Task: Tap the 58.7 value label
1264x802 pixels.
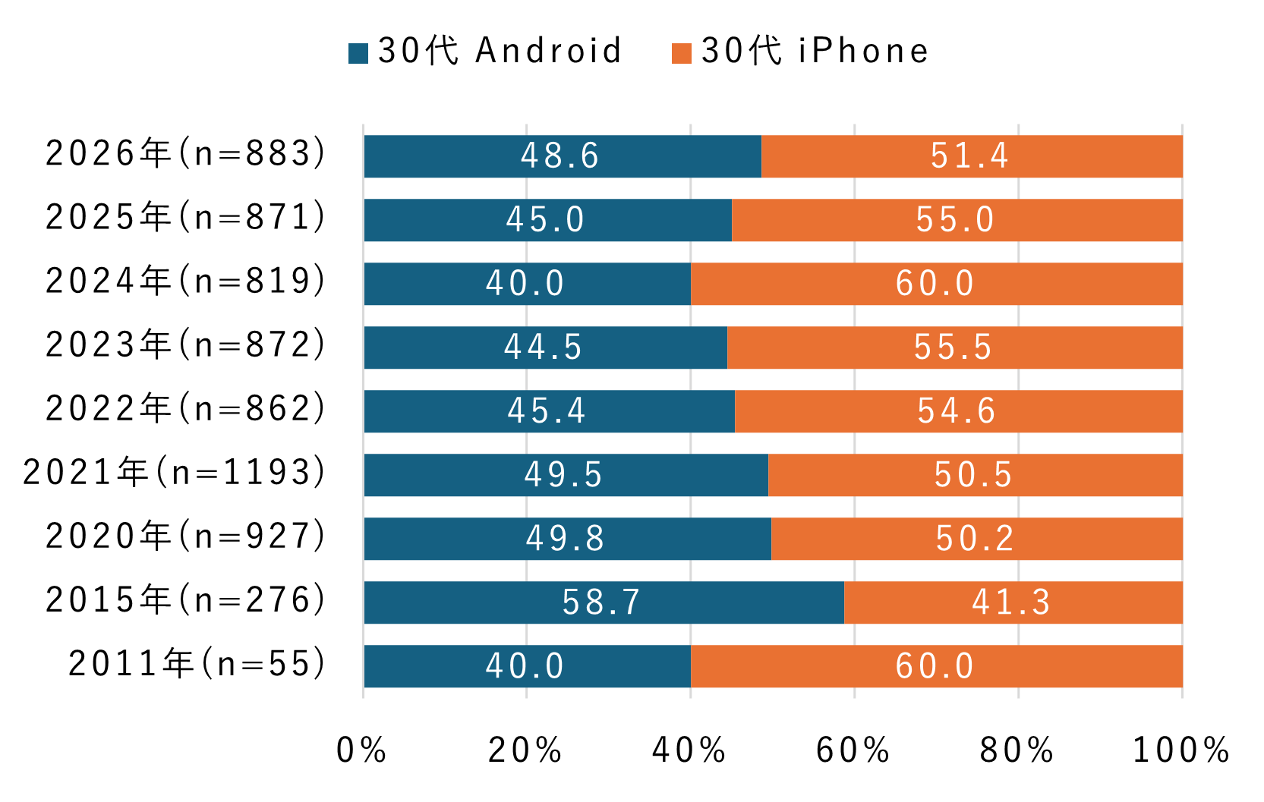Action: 601,602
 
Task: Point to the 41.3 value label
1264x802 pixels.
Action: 1011,602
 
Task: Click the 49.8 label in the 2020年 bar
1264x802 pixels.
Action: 566,539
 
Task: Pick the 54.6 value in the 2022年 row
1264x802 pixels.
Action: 957,411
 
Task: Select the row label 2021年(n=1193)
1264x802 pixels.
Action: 175,473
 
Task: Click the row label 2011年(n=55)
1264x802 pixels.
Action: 197,664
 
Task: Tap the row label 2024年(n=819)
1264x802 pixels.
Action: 186,281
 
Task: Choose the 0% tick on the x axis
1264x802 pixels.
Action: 361,750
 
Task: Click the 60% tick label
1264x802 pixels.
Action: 853,750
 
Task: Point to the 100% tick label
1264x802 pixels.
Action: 1180,750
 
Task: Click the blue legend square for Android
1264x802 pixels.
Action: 358,53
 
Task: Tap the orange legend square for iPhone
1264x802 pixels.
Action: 682,53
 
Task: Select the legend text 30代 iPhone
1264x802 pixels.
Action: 815,52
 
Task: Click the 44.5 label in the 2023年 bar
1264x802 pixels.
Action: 544,348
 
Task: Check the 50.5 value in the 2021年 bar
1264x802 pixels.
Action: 973,475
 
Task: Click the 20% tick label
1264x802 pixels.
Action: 525,750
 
